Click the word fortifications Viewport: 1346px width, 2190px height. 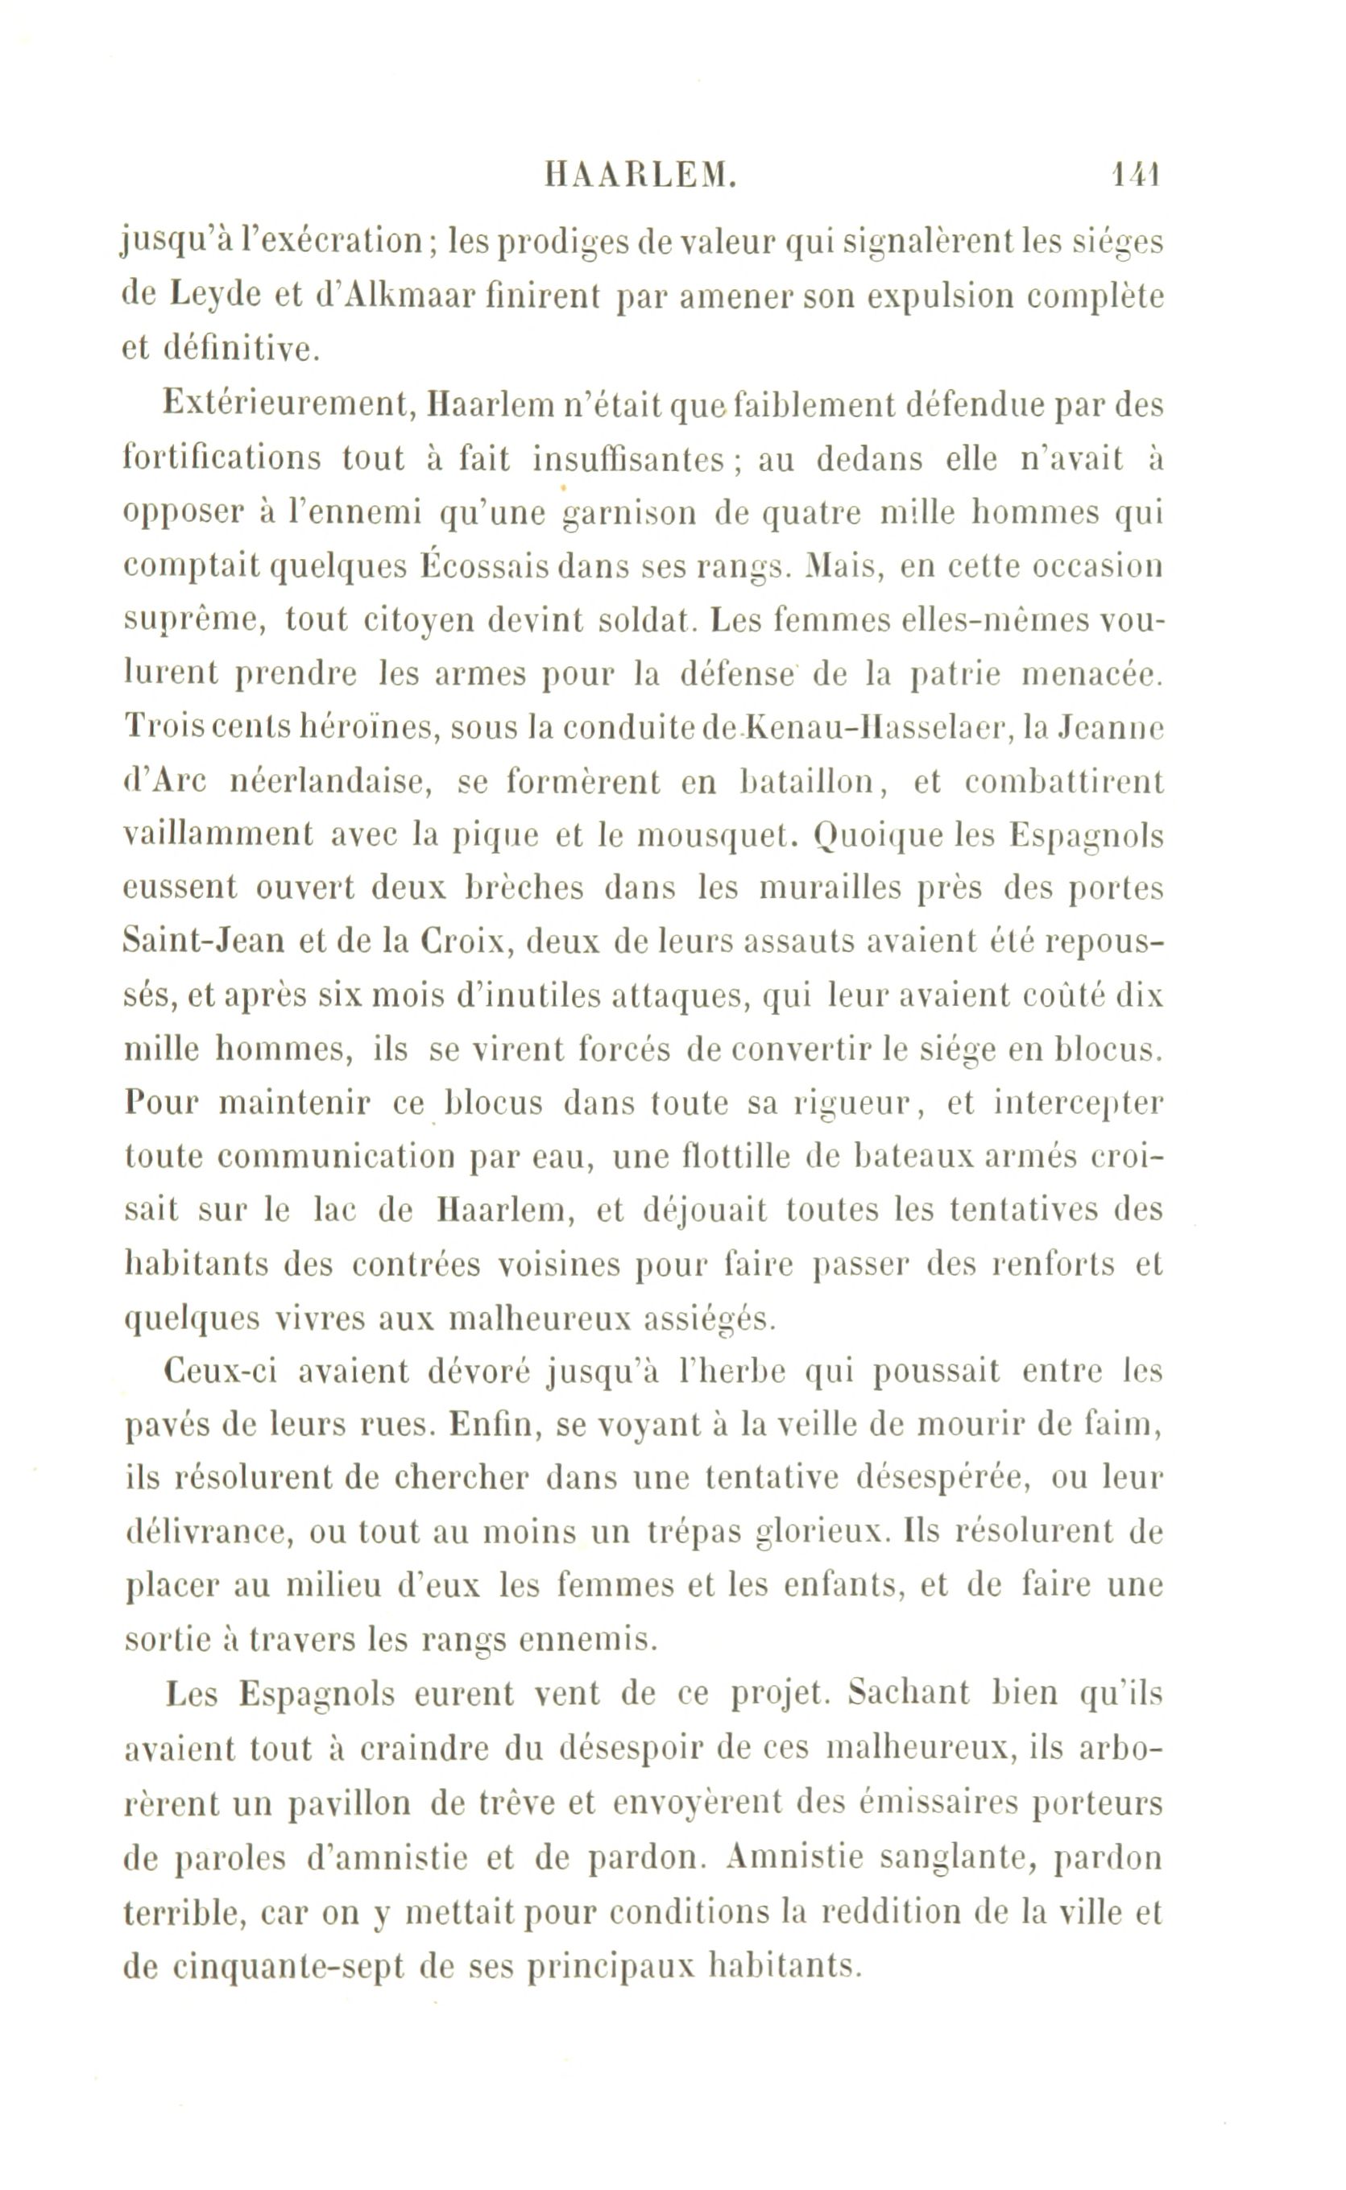pyautogui.click(x=222, y=458)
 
